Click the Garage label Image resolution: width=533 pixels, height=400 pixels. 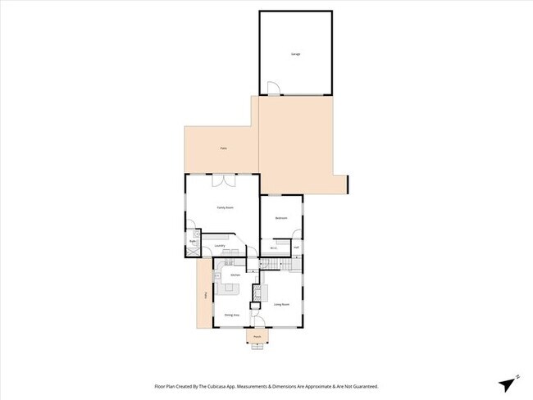[295, 54]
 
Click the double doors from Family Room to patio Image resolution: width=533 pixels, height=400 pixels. [224, 180]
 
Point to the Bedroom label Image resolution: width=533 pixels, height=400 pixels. [280, 218]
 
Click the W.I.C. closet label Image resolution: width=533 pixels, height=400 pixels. [274, 247]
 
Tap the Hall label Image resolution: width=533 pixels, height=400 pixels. [296, 247]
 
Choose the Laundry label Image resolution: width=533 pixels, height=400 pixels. [219, 245]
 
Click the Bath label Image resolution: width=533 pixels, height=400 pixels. [194, 241]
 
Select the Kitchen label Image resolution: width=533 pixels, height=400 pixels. [235, 275]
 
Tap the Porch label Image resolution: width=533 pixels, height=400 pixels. [257, 336]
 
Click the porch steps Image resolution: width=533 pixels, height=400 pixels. [257, 345]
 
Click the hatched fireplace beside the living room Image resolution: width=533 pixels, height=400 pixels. [255, 293]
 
